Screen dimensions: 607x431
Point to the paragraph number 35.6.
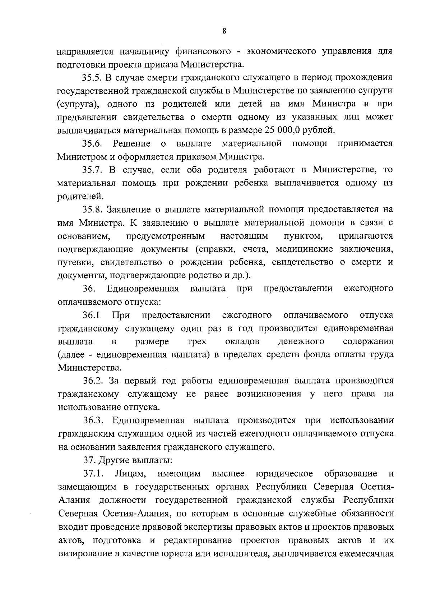pyautogui.click(x=93, y=144)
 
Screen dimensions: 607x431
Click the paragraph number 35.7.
pyautogui.click(x=92, y=170)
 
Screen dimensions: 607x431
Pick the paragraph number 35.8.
pyautogui.click(x=92, y=210)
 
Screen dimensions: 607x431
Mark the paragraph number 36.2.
pyautogui.click(x=92, y=381)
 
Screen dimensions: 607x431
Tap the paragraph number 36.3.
pyautogui.click(x=93, y=420)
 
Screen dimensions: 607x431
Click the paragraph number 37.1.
pyautogui.click(x=93, y=473)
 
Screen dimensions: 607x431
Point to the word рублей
pyautogui.click(x=319, y=130)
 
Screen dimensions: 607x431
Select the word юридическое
pyautogui.click(x=284, y=473)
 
